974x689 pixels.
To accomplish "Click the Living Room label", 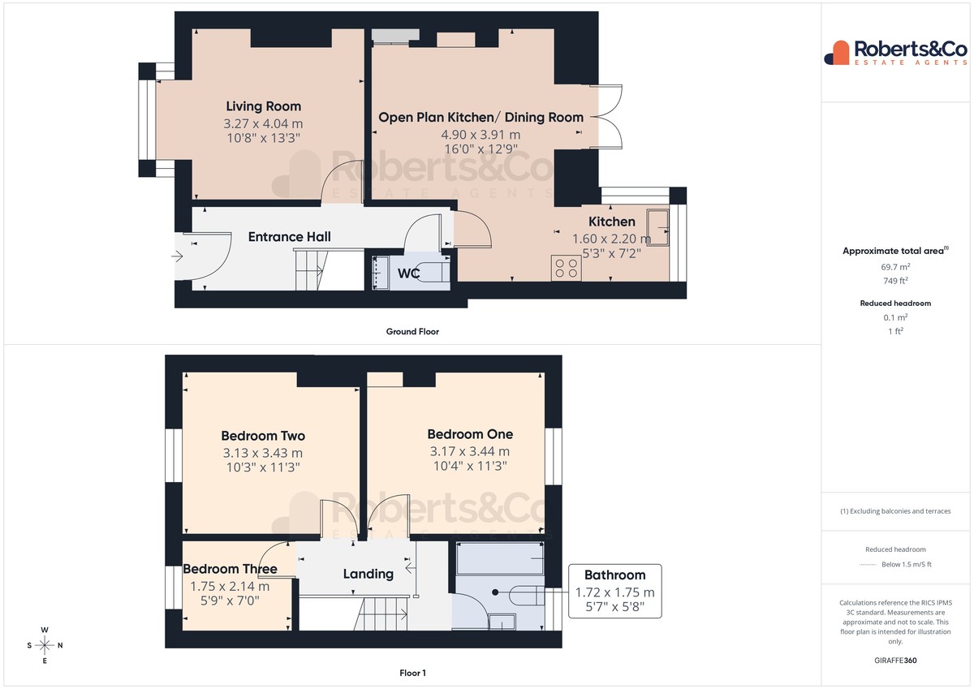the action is pyautogui.click(x=264, y=106).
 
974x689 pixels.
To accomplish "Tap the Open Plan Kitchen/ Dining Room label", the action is pyautogui.click(x=481, y=118).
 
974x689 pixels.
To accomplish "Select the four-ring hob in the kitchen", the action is pyautogui.click(x=567, y=268).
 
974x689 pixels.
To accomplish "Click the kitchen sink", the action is pyautogui.click(x=658, y=227).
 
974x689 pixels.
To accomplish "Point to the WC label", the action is pyautogui.click(x=408, y=273).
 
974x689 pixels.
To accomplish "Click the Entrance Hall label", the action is pyautogui.click(x=290, y=237).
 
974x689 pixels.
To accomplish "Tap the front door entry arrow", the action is pyautogui.click(x=177, y=256).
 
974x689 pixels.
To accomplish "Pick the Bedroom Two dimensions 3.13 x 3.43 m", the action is pyautogui.click(x=263, y=453).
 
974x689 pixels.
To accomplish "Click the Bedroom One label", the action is pyautogui.click(x=470, y=434).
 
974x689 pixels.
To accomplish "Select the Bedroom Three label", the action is pyautogui.click(x=230, y=569).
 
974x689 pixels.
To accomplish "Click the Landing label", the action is pyautogui.click(x=368, y=574).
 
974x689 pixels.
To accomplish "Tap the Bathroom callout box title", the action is pyautogui.click(x=615, y=575).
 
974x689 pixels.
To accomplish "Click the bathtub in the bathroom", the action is pyautogui.click(x=500, y=558).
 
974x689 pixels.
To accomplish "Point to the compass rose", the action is pyautogui.click(x=45, y=645).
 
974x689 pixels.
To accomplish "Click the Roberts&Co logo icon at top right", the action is pyautogui.click(x=837, y=53).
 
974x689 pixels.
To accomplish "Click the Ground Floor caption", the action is pyautogui.click(x=412, y=332).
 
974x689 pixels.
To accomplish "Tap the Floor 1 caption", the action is pyautogui.click(x=412, y=673).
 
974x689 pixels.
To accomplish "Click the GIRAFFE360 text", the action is pyautogui.click(x=895, y=661).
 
